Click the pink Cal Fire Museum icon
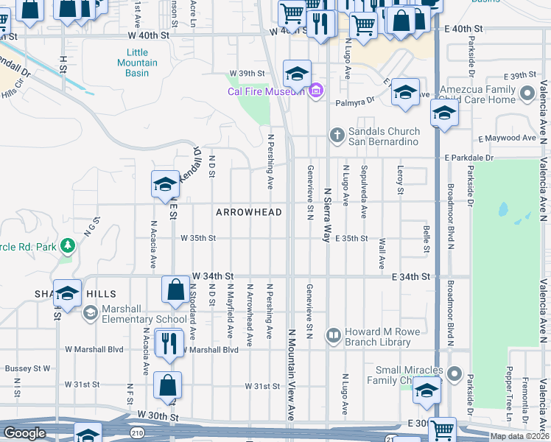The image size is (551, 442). point(316,91)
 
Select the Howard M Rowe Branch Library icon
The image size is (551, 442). point(334,337)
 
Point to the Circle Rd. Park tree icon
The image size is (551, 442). point(67,245)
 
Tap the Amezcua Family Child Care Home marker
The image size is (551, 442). point(527,94)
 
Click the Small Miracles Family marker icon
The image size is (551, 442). point(454,374)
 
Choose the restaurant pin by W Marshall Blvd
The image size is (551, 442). point(169,344)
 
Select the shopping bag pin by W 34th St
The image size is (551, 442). point(176,290)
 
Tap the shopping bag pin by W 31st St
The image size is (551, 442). point(168,385)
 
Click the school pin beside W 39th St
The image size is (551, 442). point(297,75)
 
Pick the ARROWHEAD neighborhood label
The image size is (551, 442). point(248,212)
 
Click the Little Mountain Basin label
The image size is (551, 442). point(137,63)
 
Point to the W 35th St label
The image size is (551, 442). point(198,238)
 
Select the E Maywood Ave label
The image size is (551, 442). point(507,138)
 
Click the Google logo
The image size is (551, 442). point(24,433)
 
